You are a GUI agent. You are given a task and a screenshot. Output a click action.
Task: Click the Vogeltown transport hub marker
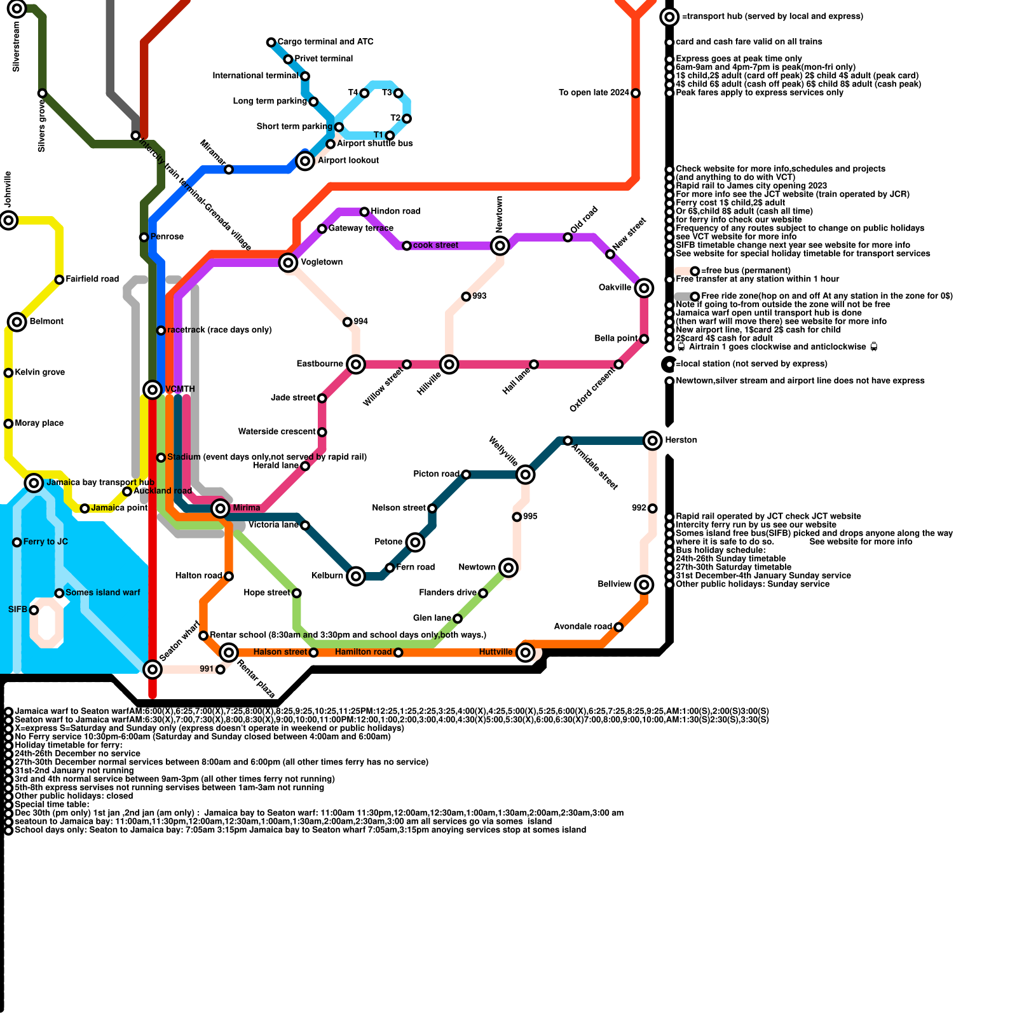(288, 262)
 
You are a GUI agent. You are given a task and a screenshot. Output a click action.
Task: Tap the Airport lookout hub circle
(305, 161)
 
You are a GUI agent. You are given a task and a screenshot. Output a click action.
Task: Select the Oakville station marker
(644, 288)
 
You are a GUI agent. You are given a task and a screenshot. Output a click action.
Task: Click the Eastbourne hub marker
(356, 364)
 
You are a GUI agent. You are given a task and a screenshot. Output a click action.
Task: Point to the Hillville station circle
(449, 364)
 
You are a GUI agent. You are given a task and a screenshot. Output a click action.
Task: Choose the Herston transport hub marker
(653, 440)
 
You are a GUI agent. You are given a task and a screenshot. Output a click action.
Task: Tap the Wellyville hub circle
(525, 474)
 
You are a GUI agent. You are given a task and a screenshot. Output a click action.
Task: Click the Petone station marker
(415, 542)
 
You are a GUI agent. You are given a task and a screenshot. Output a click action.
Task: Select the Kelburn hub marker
(356, 576)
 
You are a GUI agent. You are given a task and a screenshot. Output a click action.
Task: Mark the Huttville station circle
(525, 652)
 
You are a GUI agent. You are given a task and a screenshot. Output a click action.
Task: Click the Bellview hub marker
(644, 584)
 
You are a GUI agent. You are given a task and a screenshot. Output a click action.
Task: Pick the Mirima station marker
(221, 508)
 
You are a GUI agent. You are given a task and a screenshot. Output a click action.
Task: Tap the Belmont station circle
(17, 322)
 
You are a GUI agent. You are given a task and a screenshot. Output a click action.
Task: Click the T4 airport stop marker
(364, 93)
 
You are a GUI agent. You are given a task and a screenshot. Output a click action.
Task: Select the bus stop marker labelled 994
(347, 322)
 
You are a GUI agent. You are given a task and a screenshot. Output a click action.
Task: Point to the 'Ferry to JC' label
(45, 542)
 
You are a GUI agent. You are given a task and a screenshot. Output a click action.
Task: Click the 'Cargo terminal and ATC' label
(325, 42)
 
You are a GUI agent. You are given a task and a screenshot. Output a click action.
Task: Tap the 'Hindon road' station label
(395, 211)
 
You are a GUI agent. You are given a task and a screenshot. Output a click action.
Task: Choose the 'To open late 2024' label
(594, 93)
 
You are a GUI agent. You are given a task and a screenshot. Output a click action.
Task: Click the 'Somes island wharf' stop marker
(59, 593)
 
